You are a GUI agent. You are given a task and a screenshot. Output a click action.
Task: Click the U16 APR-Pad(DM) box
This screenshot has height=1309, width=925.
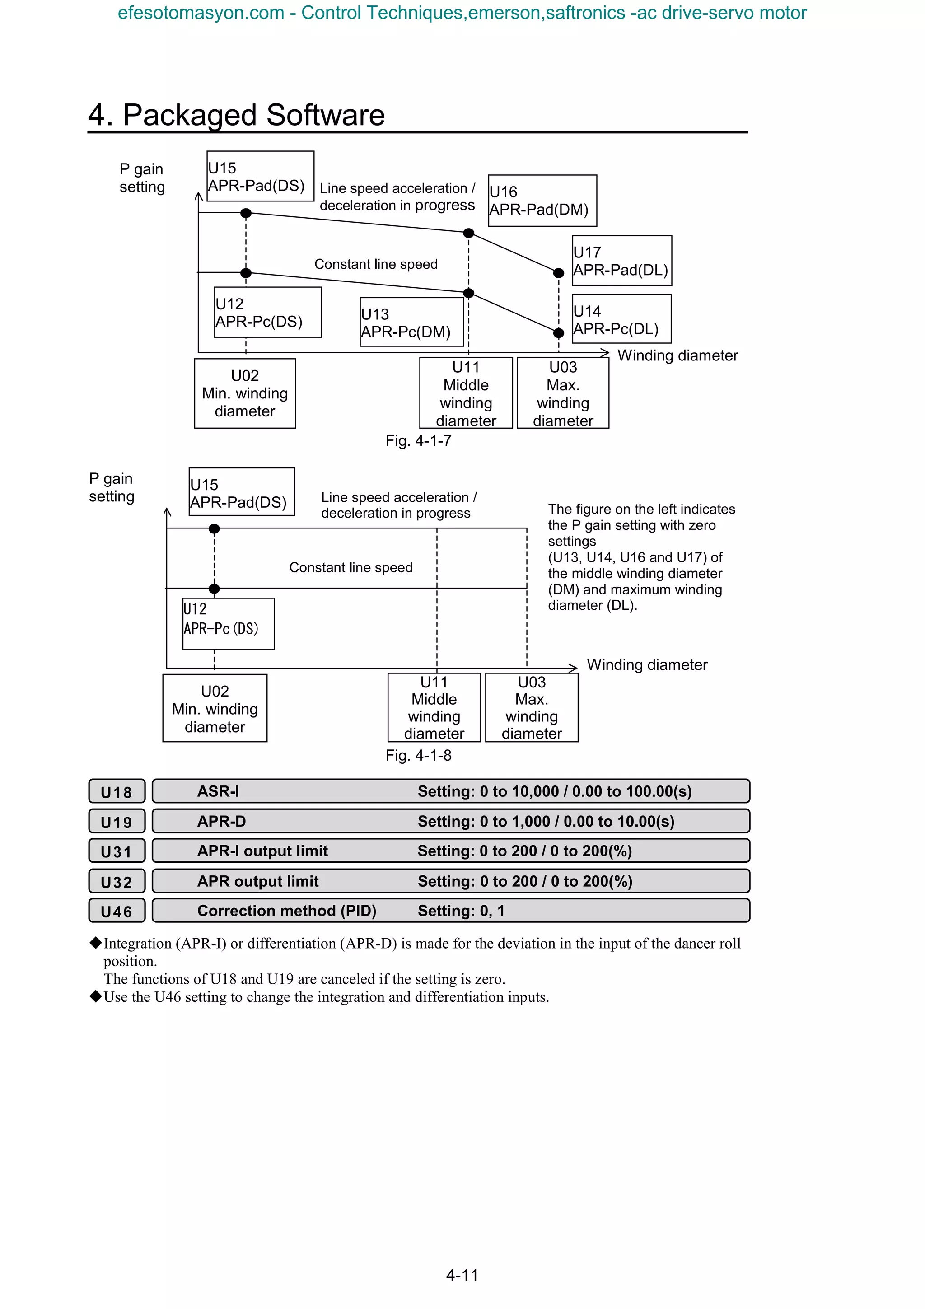542,201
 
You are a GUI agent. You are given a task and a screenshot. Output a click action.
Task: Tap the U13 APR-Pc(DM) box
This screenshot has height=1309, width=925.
411,322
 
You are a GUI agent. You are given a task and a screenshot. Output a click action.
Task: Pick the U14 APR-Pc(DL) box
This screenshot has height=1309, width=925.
621,319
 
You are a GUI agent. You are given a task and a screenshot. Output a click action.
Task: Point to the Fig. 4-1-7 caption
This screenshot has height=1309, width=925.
418,441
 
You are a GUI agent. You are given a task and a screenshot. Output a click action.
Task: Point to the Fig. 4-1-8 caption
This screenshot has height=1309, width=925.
418,755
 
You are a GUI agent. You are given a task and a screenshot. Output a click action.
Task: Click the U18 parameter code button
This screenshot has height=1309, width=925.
116,791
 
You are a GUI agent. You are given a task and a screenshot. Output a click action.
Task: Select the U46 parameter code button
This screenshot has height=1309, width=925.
116,911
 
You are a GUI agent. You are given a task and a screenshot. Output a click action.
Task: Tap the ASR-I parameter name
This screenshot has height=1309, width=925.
218,791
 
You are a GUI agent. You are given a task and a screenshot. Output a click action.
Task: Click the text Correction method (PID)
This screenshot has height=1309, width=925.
287,911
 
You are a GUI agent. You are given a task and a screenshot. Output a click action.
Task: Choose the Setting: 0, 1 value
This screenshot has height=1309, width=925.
461,911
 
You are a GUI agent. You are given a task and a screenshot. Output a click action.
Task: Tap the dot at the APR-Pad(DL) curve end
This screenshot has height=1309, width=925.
559,273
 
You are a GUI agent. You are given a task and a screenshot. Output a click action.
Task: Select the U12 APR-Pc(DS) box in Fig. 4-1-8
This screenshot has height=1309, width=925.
228,624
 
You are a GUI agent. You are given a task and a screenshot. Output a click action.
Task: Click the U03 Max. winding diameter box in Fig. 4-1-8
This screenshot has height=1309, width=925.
531,707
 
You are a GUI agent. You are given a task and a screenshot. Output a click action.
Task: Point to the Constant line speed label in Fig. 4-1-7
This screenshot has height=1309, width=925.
376,265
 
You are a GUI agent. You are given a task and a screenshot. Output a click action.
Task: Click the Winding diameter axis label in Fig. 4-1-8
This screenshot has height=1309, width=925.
647,665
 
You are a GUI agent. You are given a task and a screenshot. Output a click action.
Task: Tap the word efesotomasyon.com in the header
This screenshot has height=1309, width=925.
201,13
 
